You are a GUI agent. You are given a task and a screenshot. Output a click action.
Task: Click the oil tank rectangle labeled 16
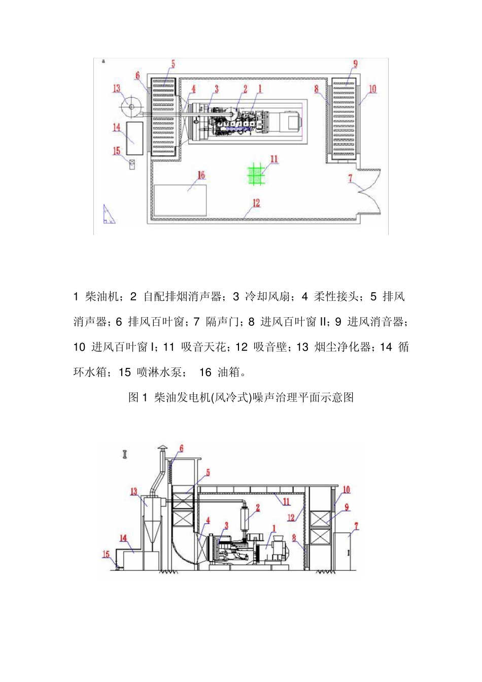[x=180, y=200]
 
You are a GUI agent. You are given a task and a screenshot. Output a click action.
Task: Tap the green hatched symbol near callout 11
[x=257, y=175]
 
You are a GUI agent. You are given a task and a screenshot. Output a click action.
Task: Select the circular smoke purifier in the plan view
[x=131, y=107]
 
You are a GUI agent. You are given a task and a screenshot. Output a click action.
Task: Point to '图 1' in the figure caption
[x=137, y=397]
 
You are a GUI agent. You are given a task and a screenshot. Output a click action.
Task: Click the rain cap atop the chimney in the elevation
[x=162, y=448]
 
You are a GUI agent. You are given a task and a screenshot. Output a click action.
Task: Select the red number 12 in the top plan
[x=256, y=203]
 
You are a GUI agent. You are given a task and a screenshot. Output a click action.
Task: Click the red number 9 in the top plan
[x=355, y=64]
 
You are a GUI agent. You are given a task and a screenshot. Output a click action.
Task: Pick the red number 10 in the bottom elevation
[x=346, y=490]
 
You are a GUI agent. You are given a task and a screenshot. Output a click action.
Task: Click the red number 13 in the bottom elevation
[x=134, y=491]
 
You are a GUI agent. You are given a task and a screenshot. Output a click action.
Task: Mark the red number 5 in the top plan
[x=173, y=64]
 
